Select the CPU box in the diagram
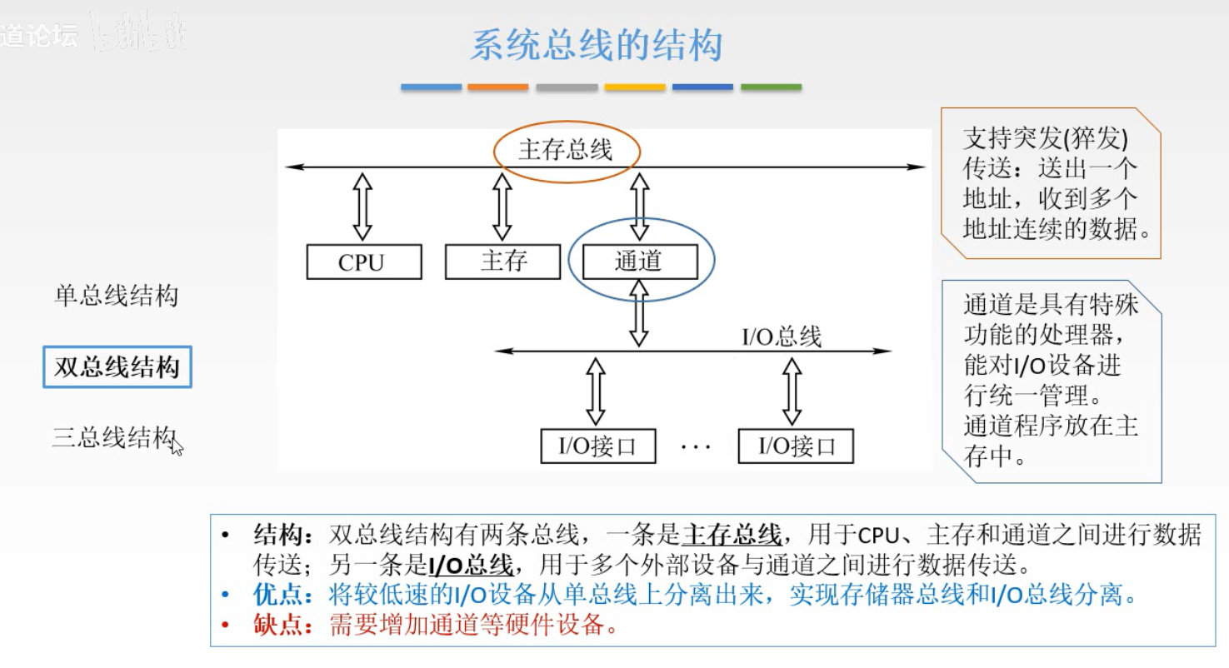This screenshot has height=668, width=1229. tap(362, 262)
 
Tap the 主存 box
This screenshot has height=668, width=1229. tap(503, 262)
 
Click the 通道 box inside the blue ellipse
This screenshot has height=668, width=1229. tap(639, 262)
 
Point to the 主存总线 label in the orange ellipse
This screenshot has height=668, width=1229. tap(566, 150)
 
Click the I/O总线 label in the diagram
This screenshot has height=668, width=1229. tap(782, 336)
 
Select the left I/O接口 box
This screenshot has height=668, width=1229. tap(597, 446)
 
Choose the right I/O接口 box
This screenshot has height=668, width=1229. tap(797, 446)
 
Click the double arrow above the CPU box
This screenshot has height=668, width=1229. tap(362, 207)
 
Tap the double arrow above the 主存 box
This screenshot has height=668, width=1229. tap(502, 207)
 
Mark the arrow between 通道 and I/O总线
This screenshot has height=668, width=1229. tap(639, 314)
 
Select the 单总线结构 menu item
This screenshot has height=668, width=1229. tap(116, 297)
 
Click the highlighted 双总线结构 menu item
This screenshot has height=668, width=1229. tap(117, 367)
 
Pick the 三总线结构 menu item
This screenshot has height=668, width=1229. tap(114, 437)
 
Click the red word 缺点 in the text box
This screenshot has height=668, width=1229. tap(278, 624)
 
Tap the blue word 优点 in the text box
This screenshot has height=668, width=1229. tap(278, 596)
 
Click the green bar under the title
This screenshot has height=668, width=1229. tap(771, 87)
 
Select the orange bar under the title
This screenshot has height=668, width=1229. tap(498, 87)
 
